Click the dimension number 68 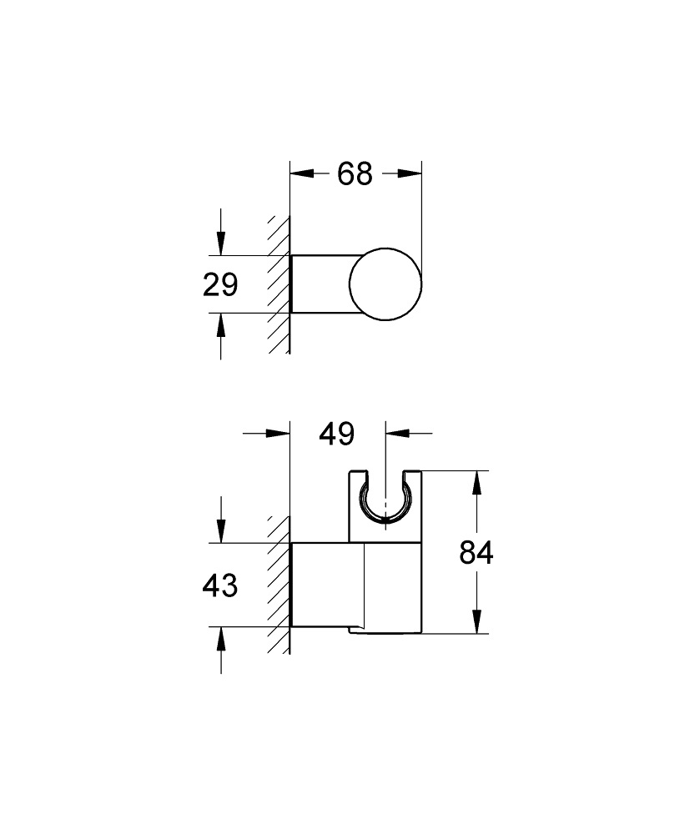coord(355,174)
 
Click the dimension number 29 coord(220,285)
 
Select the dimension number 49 coord(337,434)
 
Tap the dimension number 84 coord(477,553)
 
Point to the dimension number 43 coord(220,585)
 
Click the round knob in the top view coord(386,284)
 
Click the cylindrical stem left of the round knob coord(321,284)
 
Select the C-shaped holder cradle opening coord(386,500)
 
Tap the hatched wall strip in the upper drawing coord(279,284)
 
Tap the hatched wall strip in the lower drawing coord(279,584)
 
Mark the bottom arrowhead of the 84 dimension coord(476,622)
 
